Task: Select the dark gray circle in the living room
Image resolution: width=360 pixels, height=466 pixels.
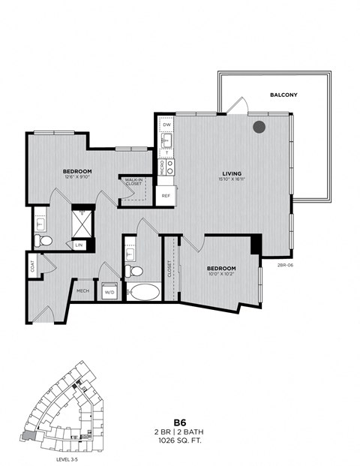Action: click(259, 127)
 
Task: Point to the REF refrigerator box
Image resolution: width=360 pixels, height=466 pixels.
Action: click(166, 195)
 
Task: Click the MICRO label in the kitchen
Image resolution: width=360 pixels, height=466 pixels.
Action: click(163, 167)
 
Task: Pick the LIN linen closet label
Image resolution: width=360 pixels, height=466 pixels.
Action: click(78, 245)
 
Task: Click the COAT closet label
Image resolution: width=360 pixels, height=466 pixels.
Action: click(33, 265)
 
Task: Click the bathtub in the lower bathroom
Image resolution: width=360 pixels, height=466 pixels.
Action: click(142, 292)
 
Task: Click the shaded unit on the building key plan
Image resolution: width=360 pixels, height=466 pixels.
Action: click(29, 435)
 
